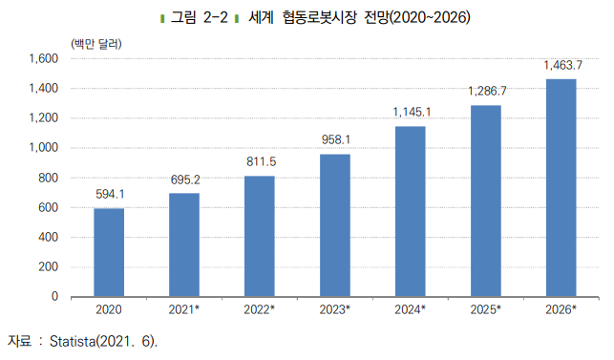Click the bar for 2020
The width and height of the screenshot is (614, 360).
(x=109, y=252)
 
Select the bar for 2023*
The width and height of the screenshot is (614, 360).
(x=335, y=225)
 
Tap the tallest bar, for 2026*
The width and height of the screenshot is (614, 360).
(x=561, y=187)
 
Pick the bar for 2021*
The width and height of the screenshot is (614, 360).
(x=184, y=244)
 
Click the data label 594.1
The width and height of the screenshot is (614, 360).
(x=109, y=195)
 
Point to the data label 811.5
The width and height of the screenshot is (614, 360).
(x=260, y=162)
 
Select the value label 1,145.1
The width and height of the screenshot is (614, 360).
(x=411, y=113)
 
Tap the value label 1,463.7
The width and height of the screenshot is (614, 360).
(x=561, y=65)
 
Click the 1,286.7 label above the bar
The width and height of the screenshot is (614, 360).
(x=486, y=91)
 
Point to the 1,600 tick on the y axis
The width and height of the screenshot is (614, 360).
(x=44, y=58)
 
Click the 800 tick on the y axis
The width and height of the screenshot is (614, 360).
(x=50, y=178)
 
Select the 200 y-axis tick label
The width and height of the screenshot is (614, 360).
(x=50, y=267)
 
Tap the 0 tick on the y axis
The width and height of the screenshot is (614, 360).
(x=55, y=297)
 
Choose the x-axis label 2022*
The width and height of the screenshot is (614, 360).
(x=260, y=310)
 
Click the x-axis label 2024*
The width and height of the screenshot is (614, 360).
(x=411, y=310)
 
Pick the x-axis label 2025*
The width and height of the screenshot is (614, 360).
(x=486, y=310)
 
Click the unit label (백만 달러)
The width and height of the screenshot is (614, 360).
(x=95, y=42)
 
